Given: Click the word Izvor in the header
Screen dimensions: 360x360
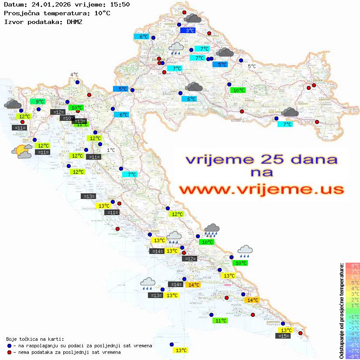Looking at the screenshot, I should tap(12, 21).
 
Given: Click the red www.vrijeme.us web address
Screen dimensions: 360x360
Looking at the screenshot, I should tap(261, 189).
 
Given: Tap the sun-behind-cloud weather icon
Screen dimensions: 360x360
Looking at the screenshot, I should tap(22, 151).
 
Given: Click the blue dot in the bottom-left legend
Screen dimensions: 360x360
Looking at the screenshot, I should tap(9, 346).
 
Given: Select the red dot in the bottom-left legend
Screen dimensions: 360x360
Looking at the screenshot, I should tap(9, 352).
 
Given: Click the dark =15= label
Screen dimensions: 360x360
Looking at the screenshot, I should tap(283, 336).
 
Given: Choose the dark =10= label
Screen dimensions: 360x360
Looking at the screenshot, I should tap(67, 118).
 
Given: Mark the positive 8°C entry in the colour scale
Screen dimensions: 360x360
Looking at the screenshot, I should tap(353, 266).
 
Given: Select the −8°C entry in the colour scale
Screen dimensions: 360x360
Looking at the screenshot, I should tap(353, 357).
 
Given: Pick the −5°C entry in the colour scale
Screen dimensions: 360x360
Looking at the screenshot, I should tap(353, 339).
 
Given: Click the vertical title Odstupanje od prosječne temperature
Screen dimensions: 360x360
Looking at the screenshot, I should tap(342, 311).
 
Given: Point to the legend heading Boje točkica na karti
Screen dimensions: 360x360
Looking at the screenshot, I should tap(35, 339).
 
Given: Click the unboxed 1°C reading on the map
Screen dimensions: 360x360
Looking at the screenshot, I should tap(111, 150).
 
